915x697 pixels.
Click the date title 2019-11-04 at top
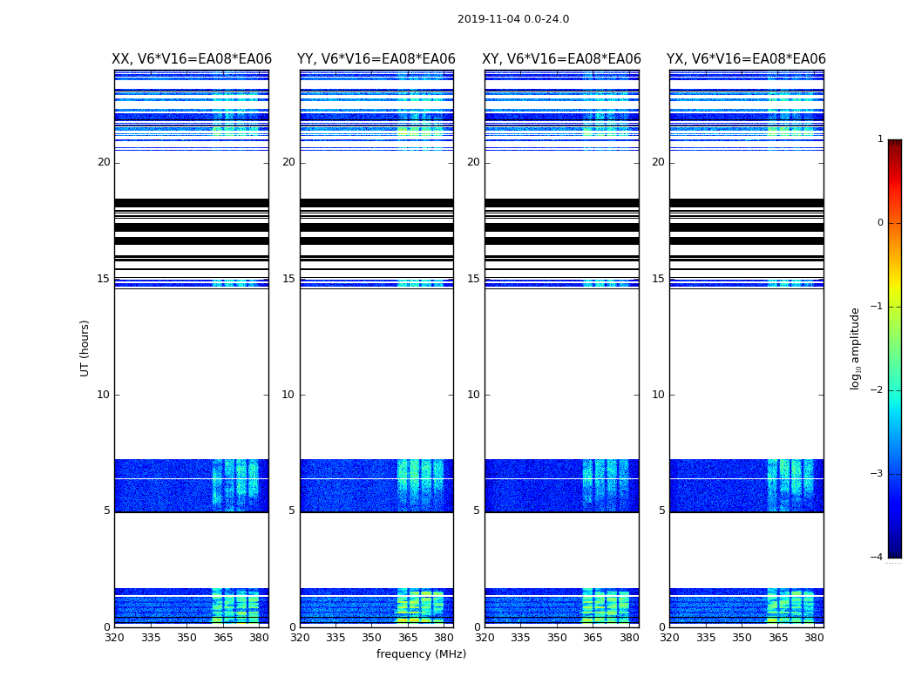512,19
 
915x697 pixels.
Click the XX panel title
192,59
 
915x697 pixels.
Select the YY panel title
376,59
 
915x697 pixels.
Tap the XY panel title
562,59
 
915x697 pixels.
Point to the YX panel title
746,59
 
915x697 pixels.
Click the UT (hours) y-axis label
85,348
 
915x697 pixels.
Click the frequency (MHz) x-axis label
421,654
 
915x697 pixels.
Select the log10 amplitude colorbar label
855,348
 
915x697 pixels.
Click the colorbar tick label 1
880,139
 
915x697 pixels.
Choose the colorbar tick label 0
880,223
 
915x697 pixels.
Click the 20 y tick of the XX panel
104,162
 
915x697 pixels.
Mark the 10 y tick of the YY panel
288,395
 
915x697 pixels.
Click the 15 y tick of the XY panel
473,279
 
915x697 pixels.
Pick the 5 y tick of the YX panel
661,511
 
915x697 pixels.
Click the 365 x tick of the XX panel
223,638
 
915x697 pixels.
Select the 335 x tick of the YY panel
336,638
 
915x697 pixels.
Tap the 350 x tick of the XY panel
557,638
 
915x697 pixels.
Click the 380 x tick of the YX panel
814,638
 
